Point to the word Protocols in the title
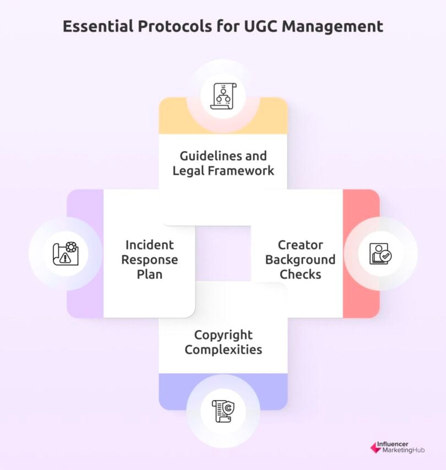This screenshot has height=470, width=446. pos(174,26)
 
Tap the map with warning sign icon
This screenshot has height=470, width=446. pos(66,253)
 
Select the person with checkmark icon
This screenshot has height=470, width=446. pos(380,253)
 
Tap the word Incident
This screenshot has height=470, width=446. pos(149,245)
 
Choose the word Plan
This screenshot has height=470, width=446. pos(149,274)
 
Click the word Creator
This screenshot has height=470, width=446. pos(300,245)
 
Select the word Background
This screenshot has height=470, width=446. pos(300,259)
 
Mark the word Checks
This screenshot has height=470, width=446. pos(300,274)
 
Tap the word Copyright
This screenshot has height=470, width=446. pos(223,335)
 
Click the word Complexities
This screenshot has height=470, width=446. pos(223,349)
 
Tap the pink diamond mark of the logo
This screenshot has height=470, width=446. pos(376,447)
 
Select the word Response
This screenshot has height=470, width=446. pos(149,259)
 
